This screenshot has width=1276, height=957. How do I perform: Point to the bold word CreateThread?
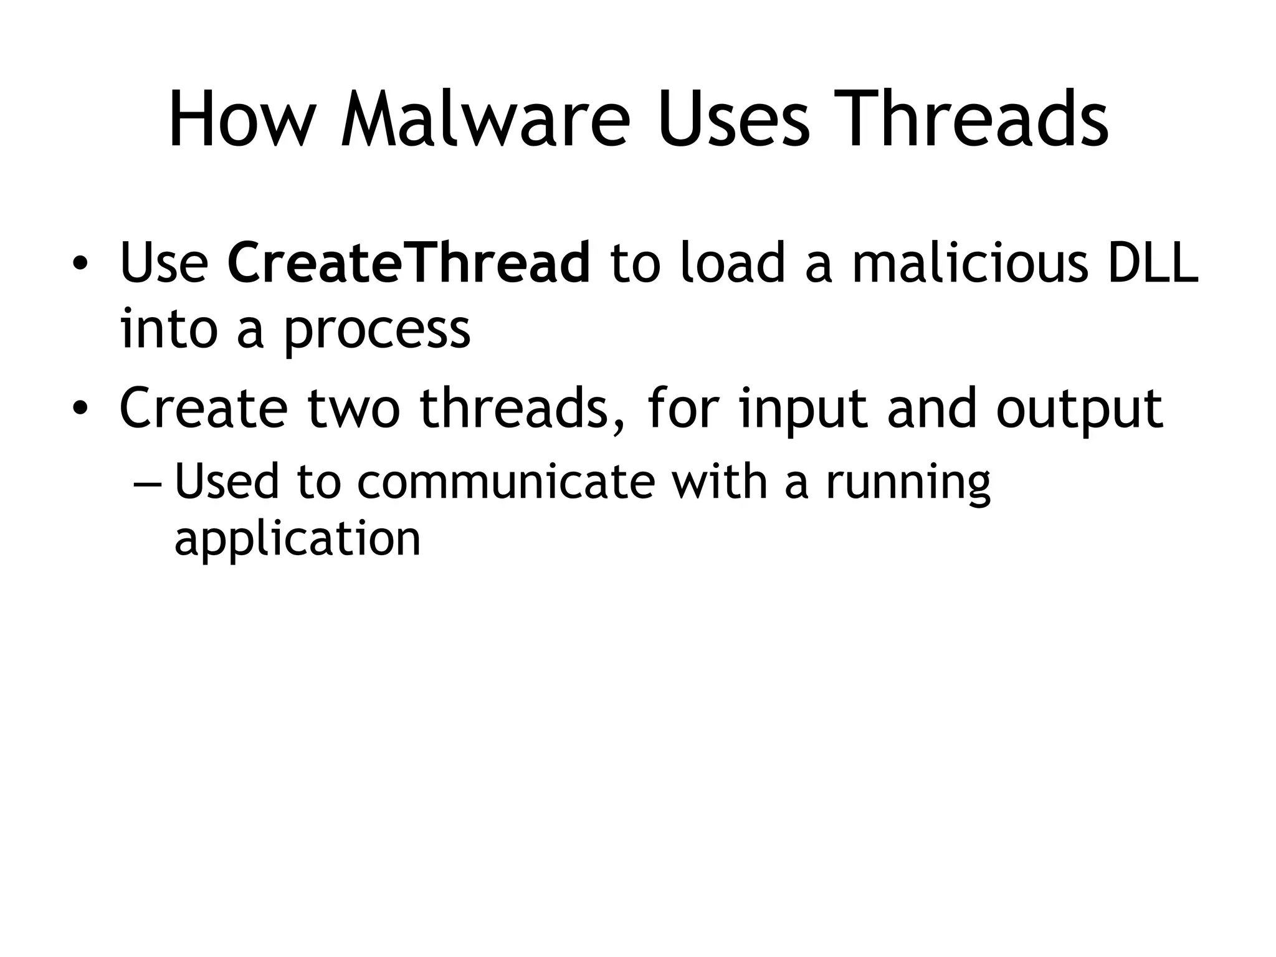(409, 262)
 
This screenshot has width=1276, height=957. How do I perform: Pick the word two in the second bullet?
(353, 409)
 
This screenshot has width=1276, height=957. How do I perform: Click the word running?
(908, 483)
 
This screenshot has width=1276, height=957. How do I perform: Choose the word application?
(298, 540)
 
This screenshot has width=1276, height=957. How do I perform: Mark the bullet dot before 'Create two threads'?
(79, 410)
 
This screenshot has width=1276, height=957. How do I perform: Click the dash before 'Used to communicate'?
(148, 483)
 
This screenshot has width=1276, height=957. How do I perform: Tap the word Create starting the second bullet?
(204, 409)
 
